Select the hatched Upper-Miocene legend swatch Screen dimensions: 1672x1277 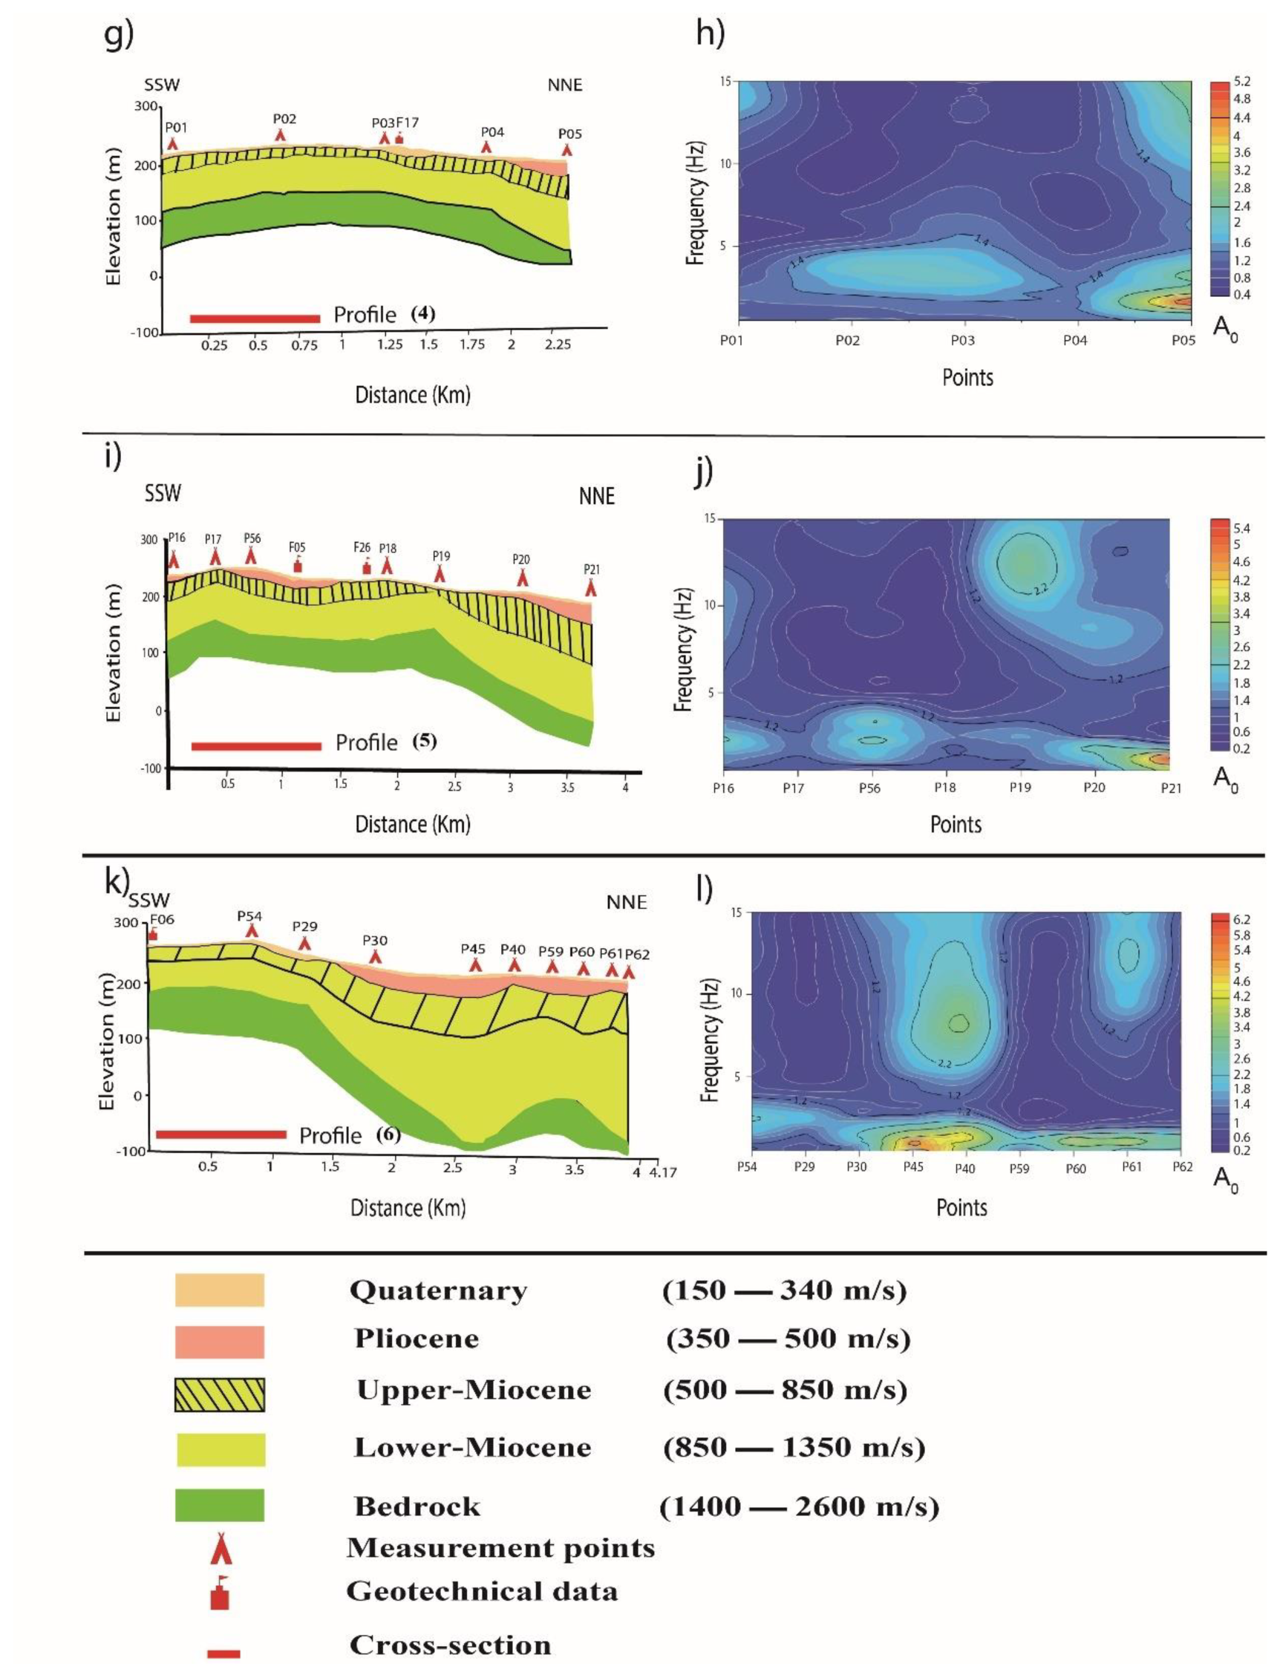(220, 1395)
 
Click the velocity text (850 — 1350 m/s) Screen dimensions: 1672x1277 (794, 1448)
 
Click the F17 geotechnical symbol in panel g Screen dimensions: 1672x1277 (399, 139)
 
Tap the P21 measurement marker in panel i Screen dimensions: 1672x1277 (591, 587)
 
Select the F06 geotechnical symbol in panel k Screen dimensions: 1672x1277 (153, 934)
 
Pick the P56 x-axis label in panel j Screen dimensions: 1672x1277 (869, 788)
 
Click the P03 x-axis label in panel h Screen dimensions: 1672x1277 (962, 341)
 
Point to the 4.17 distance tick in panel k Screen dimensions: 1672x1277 (663, 1172)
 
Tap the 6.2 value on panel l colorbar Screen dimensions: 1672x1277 (1241, 920)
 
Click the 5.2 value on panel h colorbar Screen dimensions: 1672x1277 (1241, 82)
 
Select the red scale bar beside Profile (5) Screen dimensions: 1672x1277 (256, 746)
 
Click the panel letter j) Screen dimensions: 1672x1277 (703, 471)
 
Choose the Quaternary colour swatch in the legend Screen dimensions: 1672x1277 (220, 1290)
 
